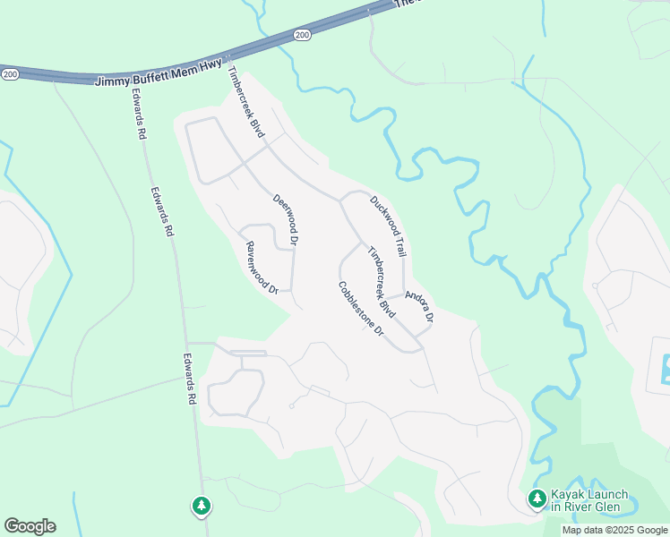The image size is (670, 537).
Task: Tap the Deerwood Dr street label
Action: (285, 221)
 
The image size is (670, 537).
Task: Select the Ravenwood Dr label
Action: (262, 267)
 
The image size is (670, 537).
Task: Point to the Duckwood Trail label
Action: (388, 227)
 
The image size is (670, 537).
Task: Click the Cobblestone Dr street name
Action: (360, 309)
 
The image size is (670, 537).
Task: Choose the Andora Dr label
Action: (419, 306)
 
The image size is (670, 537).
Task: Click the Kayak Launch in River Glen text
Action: (589, 500)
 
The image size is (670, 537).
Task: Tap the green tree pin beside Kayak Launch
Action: (537, 499)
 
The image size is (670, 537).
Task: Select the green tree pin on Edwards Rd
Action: (202, 507)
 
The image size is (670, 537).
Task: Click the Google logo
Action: (30, 526)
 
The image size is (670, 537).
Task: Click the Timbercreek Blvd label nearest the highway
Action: (247, 102)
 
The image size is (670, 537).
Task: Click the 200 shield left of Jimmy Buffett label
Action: (10, 73)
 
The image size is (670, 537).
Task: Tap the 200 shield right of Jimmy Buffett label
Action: (301, 35)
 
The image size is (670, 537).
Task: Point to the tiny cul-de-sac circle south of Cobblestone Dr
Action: (292, 405)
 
